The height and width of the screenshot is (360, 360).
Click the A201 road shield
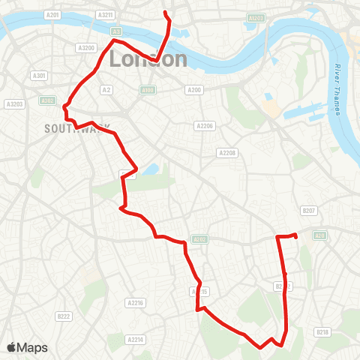coord(52,14)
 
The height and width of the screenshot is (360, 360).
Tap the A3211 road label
coord(106,14)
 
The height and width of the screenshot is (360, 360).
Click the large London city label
coord(148,58)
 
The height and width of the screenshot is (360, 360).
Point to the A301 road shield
coord(40,76)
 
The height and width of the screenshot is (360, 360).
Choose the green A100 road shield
coord(147,90)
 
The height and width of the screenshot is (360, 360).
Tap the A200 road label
coord(194,90)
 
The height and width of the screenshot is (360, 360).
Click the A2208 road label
coord(226,152)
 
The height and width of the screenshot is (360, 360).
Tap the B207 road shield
coord(308,211)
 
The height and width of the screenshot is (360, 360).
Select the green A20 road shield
coord(319,235)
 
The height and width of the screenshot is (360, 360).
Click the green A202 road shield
coord(199,239)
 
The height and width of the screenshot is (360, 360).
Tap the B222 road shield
coord(63,316)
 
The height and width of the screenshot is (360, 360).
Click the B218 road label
coord(322,331)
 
